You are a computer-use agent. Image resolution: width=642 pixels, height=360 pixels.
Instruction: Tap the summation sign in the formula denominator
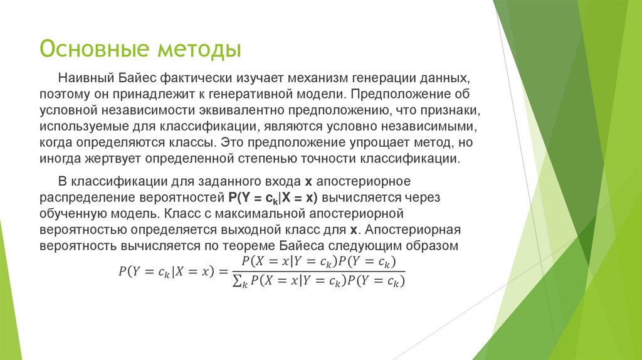236,281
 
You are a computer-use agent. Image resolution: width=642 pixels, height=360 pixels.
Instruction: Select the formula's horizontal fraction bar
318,271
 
